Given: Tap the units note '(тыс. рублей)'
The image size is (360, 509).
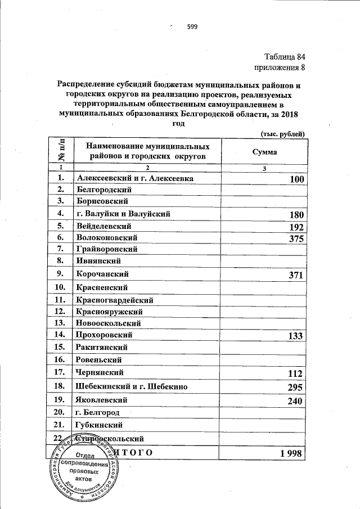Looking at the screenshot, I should point(282,133).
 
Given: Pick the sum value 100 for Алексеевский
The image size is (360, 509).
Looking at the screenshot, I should point(296,179).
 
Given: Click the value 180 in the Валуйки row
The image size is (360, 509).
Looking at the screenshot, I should point(296,215).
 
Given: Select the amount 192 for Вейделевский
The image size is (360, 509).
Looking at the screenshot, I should point(296,228).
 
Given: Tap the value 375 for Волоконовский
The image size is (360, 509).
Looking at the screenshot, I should point(296,240).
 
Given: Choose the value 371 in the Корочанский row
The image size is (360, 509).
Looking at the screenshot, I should point(296,276).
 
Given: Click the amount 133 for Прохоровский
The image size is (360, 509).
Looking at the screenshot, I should point(296,336).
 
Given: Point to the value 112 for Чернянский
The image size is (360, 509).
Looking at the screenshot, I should point(296,374).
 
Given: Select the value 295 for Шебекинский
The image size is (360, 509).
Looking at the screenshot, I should point(296,388).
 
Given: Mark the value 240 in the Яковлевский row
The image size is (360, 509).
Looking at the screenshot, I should point(296,402).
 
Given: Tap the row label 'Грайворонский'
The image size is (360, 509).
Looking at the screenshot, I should point(106,248).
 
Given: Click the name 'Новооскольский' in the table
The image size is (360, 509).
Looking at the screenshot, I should point(109,323).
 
